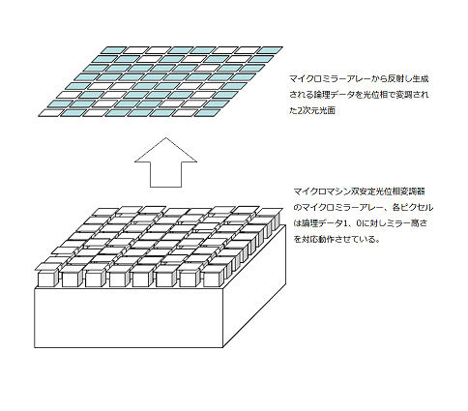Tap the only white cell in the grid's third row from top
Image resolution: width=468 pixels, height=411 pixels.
206,68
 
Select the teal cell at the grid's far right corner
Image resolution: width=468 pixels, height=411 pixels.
270,50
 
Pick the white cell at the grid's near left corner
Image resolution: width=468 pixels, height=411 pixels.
50,113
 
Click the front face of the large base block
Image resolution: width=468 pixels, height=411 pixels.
129,318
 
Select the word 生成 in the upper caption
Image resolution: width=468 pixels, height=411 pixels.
421,78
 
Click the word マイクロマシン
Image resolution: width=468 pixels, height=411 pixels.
322,191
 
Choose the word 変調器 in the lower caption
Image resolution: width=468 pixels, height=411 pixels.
414,191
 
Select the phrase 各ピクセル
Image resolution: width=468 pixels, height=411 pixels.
413,207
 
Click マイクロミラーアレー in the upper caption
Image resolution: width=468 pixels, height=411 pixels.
329,78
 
